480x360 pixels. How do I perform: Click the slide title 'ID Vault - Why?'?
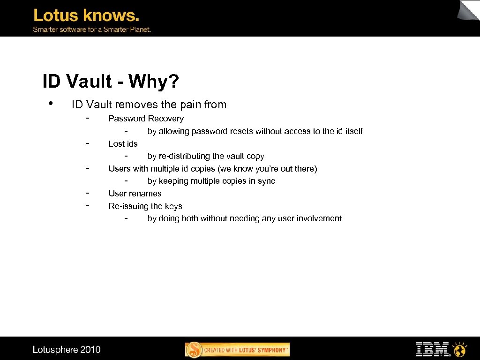[x=111, y=82]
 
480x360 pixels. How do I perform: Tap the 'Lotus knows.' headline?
[x=86, y=16]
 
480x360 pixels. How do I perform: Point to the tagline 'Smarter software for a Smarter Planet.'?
[x=91, y=30]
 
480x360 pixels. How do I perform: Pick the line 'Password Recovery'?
[x=146, y=119]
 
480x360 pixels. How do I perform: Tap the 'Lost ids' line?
[x=123, y=144]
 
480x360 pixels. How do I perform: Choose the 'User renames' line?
[x=135, y=194]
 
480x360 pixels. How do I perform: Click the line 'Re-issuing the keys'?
[x=145, y=206]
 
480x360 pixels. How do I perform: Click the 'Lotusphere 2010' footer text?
[x=67, y=350]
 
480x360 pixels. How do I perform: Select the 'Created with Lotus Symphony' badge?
[x=238, y=350]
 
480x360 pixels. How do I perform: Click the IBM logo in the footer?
[x=432, y=349]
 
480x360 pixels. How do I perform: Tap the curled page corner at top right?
[x=469, y=10]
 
